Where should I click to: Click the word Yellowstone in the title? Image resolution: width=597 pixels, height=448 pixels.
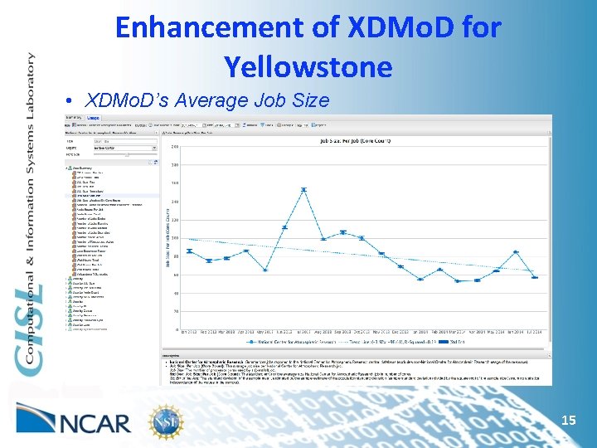coord(308,65)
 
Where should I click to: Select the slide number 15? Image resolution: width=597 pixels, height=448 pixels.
coord(569,421)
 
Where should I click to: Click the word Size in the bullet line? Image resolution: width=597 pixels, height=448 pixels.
coord(312,101)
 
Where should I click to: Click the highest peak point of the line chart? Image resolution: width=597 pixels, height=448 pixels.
coord(303,190)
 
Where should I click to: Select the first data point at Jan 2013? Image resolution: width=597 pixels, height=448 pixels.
coord(190,251)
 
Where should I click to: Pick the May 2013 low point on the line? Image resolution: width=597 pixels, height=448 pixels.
coord(265,270)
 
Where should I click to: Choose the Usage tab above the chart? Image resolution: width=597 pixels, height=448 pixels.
coord(94,119)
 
